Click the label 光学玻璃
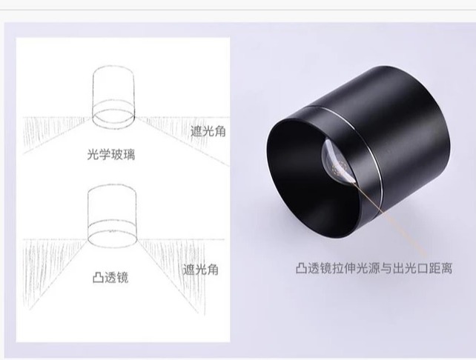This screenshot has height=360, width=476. [x=110, y=155]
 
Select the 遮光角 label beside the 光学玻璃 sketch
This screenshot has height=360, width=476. [x=208, y=131]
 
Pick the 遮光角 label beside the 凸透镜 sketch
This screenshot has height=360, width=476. [x=199, y=269]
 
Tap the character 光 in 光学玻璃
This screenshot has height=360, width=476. [x=91, y=155]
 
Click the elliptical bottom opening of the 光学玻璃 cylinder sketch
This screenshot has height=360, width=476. [x=112, y=116]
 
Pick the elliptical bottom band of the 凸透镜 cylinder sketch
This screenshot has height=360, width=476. [x=112, y=236]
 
